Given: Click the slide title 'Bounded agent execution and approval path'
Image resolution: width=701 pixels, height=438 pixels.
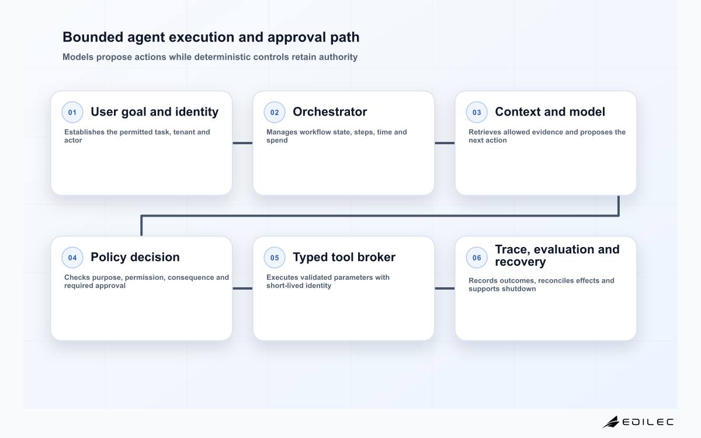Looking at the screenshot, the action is tap(211, 37).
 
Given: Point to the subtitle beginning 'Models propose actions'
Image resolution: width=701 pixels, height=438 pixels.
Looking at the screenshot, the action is tap(210, 57).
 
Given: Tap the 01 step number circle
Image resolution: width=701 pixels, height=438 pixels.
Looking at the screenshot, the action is tap(72, 112).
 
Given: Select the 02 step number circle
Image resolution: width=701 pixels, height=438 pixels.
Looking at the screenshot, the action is tap(275, 112).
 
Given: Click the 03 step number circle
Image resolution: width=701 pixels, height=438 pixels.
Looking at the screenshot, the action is tap(477, 112).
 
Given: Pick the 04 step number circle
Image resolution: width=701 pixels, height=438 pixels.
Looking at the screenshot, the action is tap(72, 258).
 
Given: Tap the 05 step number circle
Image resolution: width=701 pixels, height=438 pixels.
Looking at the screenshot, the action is tap(275, 258).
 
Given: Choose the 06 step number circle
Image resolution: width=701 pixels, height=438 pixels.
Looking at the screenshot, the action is tap(477, 258).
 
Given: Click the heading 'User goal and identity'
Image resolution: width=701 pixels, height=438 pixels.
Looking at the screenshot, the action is tap(155, 112).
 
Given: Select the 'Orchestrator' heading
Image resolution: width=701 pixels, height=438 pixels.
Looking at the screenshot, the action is tap(330, 112).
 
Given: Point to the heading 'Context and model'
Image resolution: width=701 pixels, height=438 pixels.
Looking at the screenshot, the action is tap(550, 112).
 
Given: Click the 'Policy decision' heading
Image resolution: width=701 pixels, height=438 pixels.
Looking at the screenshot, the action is tap(135, 257).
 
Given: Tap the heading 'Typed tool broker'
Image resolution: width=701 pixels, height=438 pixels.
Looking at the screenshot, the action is tap(344, 257).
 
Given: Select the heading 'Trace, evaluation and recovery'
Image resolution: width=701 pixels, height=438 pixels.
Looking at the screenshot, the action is tap(557, 255).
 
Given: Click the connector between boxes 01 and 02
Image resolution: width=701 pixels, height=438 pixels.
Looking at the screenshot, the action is tap(242, 143).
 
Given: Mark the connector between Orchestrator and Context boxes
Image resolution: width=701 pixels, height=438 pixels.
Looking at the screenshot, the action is tap(445, 143).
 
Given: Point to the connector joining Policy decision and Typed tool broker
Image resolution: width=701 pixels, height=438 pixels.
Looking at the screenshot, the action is tap(242, 288).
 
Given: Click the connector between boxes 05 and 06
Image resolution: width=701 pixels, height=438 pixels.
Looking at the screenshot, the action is tap(445, 288).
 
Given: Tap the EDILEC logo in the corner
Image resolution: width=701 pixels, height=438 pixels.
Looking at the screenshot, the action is tap(638, 422).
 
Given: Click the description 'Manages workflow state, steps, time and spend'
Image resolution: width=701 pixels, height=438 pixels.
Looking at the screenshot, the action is tap(336, 136).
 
